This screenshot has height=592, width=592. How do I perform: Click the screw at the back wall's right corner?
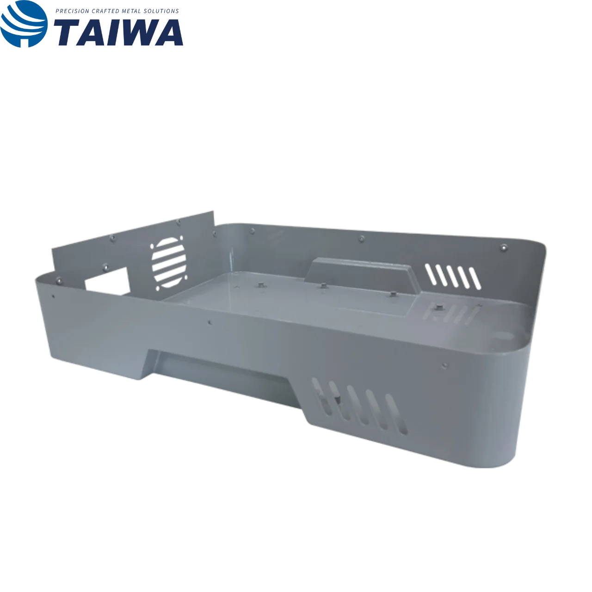pyautogui.click(x=502, y=248)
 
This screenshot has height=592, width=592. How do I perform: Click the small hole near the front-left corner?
pyautogui.click(x=54, y=296)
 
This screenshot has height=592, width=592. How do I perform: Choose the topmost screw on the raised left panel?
pyautogui.click(x=179, y=222)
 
